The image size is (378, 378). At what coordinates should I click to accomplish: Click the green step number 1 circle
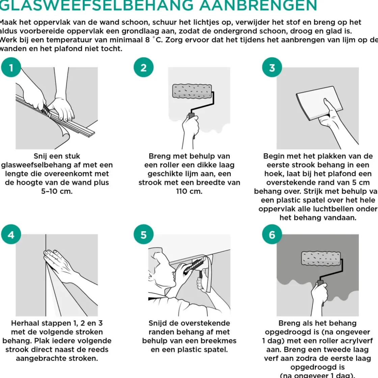coord(11,68)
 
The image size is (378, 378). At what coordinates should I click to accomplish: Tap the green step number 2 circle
coord(143,68)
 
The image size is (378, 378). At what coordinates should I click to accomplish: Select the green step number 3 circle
coord(272,68)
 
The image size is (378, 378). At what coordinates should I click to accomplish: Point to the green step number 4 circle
coord(11,235)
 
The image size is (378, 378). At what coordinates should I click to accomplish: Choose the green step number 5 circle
coord(143,235)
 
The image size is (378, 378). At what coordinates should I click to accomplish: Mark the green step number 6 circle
coord(272,235)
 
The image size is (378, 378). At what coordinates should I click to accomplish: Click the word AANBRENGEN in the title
coord(258,6)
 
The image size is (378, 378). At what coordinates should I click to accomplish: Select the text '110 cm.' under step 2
coord(189,192)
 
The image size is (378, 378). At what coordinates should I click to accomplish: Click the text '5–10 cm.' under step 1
coord(57,192)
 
